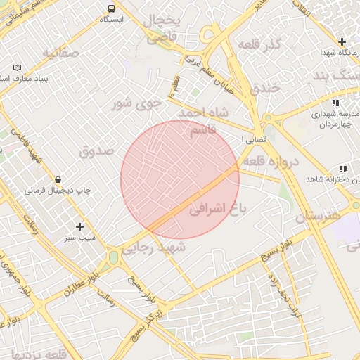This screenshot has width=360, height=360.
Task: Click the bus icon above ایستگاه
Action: [x=111, y=8]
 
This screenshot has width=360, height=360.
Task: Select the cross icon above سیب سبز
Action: [x=79, y=226]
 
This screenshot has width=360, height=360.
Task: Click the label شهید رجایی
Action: [x=153, y=247]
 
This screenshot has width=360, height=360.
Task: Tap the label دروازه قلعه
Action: [x=271, y=162]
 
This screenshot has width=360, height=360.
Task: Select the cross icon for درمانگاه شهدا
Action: [x=342, y=42]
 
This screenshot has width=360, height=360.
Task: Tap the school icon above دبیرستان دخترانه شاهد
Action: [x=342, y=169]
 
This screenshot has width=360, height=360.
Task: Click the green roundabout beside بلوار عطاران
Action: [x=113, y=259]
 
